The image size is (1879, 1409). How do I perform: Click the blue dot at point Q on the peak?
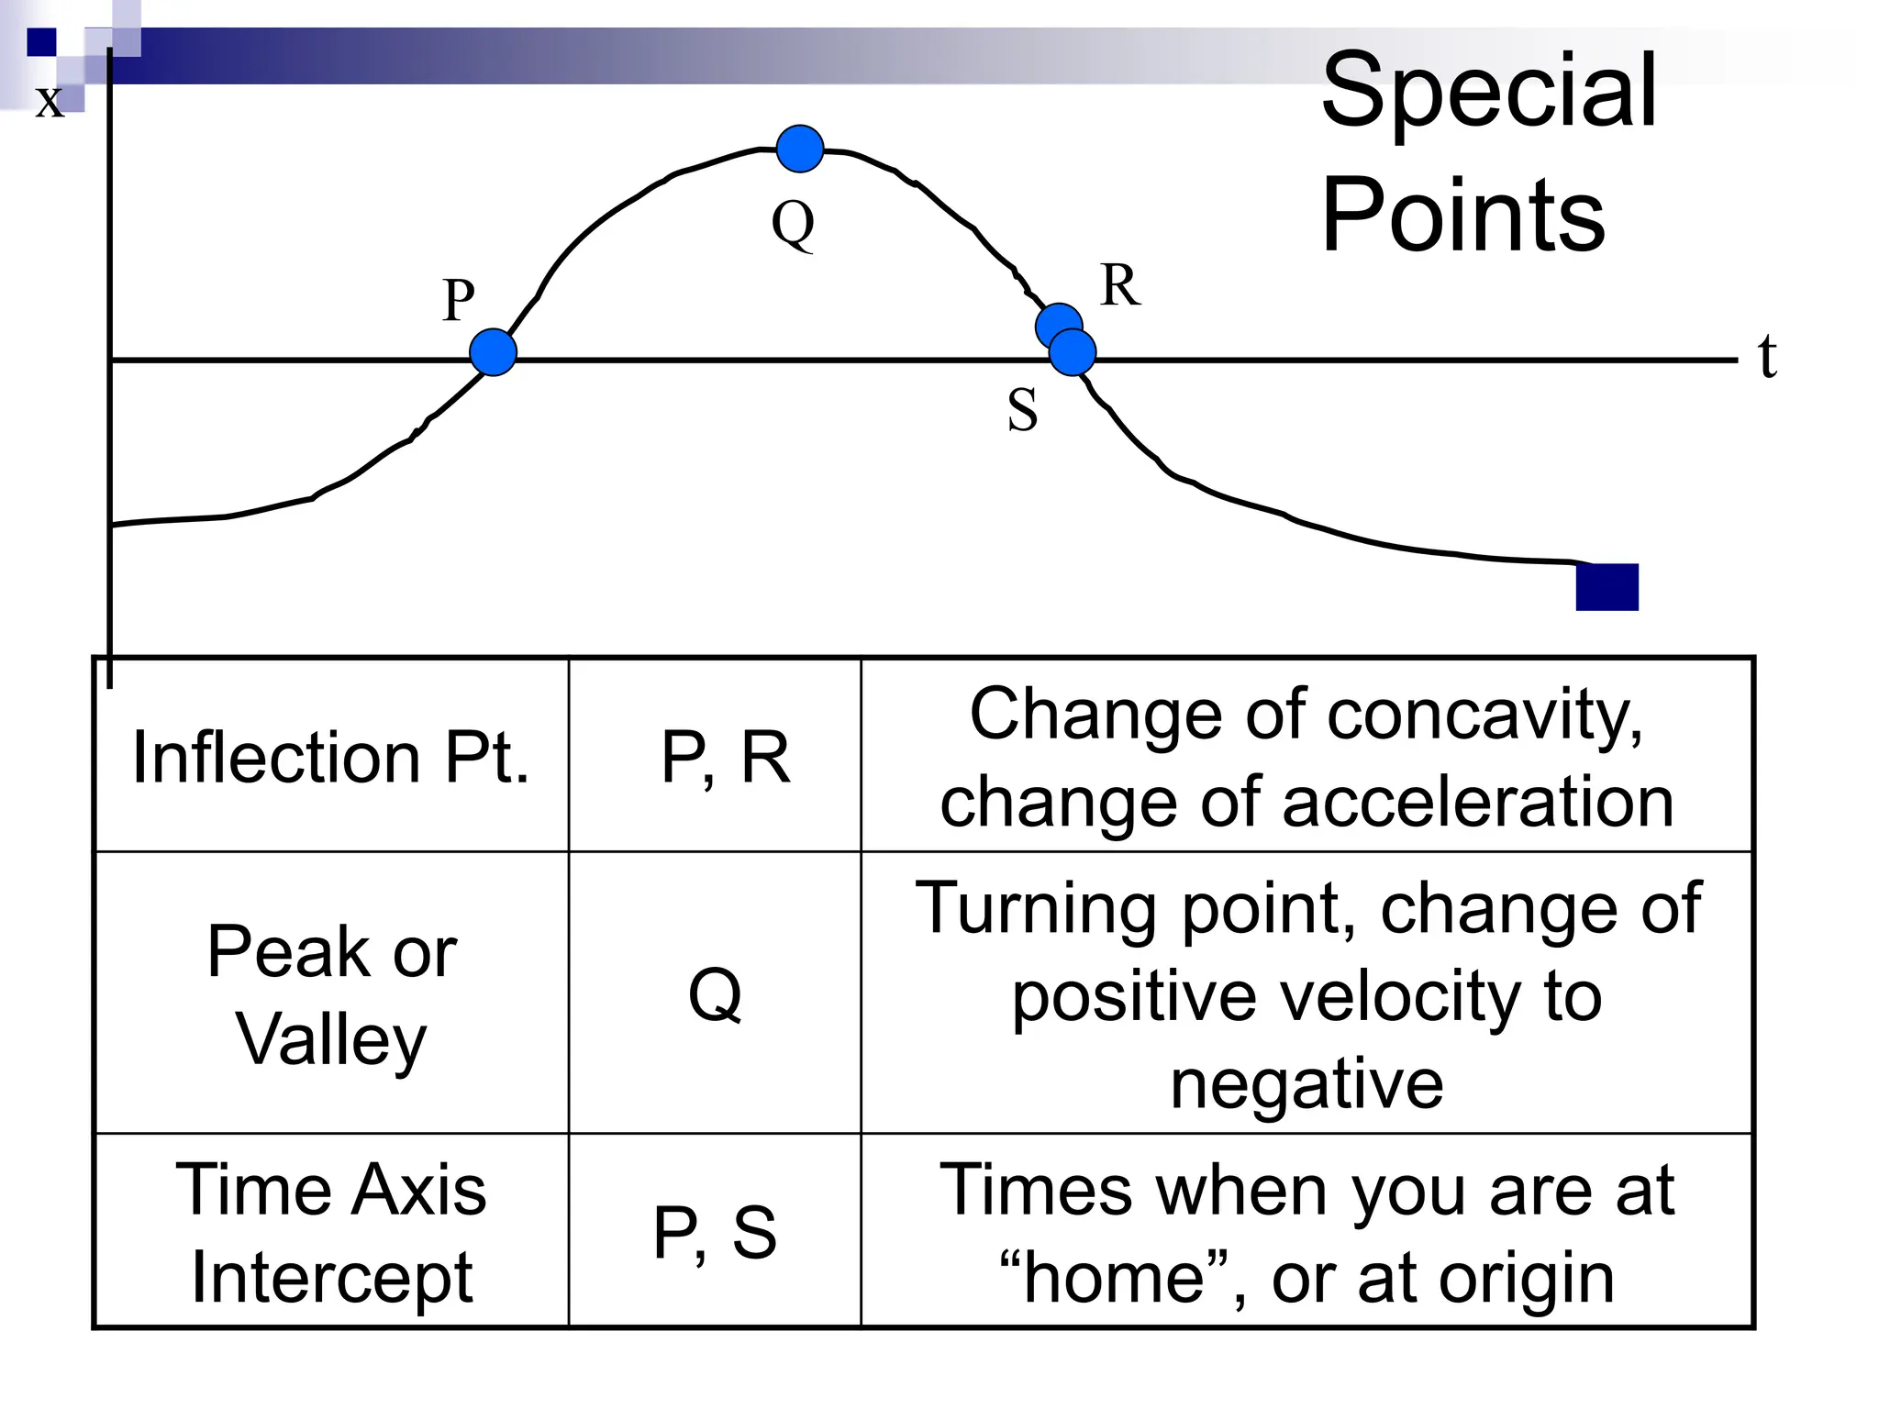[799, 149]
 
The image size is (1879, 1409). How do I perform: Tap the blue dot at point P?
[493, 352]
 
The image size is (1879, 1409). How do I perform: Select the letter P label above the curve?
[459, 300]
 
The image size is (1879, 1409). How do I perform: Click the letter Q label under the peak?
[793, 223]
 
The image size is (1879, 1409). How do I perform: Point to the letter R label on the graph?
[1119, 285]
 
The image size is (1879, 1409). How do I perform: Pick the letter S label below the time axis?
[1022, 410]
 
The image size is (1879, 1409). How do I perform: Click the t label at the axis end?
[1767, 356]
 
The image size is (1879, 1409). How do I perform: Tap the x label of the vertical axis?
[50, 100]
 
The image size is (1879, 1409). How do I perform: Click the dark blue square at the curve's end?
[1607, 587]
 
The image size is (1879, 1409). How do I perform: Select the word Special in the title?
[1488, 91]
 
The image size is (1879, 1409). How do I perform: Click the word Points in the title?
[1462, 216]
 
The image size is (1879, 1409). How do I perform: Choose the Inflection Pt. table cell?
[331, 757]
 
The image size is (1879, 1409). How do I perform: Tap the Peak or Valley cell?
[331, 993]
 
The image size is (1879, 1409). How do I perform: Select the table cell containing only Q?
[715, 993]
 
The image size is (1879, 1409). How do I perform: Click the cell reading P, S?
[715, 1231]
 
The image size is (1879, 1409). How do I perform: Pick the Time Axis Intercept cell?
[331, 1231]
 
